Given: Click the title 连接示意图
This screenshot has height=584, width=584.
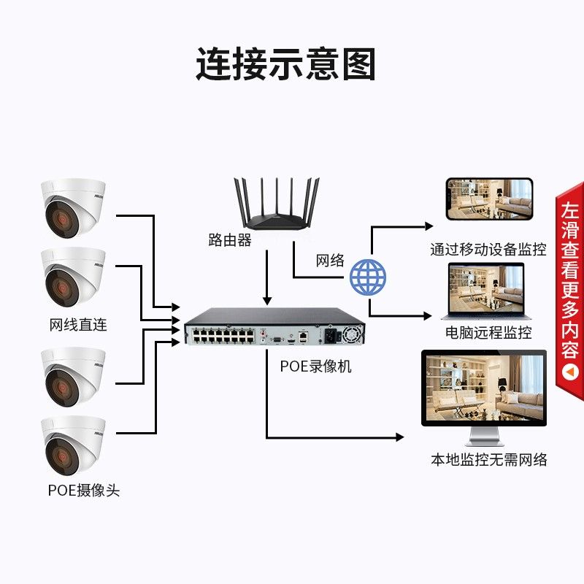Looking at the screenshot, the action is click(285, 64).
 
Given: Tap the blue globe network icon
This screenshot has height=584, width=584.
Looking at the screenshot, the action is click(368, 277).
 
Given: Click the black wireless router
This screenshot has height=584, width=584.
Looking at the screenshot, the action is click(277, 204).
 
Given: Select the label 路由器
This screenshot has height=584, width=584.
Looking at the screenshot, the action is click(230, 240).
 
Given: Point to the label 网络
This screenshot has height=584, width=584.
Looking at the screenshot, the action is click(330, 261).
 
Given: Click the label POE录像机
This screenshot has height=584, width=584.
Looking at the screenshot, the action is click(315, 366).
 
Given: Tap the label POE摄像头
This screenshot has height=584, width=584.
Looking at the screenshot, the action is click(84, 490).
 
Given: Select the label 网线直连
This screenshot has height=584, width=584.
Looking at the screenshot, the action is click(78, 325).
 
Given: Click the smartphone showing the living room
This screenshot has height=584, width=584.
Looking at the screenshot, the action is click(489, 199).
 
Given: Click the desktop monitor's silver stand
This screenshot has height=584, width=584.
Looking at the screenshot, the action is click(484, 436).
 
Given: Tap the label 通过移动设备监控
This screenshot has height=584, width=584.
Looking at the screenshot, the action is click(488, 249).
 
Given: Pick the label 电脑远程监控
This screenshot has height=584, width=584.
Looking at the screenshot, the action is click(488, 332).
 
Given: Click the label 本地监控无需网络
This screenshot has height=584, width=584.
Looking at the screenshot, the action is click(488, 460).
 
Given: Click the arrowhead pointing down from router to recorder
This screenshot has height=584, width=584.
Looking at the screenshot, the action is click(267, 301).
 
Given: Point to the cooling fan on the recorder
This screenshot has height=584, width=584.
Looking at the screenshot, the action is click(351, 334).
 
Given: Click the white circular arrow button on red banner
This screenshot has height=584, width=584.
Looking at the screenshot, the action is click(570, 372).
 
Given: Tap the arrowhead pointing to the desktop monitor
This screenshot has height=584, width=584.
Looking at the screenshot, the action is click(399, 437).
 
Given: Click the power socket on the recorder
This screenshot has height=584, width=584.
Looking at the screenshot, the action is click(331, 336).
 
